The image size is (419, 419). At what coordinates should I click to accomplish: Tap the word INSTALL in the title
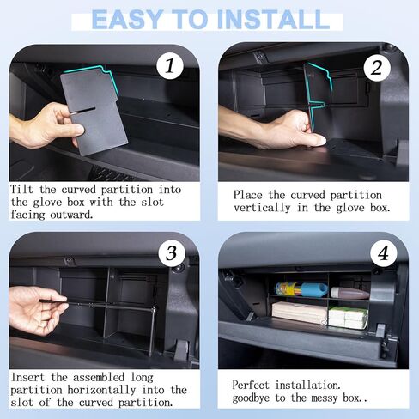274,20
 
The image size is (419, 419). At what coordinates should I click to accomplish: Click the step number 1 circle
170,66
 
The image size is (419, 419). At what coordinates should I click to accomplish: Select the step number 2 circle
377,68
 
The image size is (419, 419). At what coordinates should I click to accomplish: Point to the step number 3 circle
172,253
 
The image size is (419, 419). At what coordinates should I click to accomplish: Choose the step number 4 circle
384,253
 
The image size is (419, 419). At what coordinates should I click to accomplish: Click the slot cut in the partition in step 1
83,111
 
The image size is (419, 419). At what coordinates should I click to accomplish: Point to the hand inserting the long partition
36,311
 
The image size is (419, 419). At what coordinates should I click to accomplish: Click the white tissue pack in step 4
348,318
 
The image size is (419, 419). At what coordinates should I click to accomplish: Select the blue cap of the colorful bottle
313,289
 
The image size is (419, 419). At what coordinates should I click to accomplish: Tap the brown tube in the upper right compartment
349,293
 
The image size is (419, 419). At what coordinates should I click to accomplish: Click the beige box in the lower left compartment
299,313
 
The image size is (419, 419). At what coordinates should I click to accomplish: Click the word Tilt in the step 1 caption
21,190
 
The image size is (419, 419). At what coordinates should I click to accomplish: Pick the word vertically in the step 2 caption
262,208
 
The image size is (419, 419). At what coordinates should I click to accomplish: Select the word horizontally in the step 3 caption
101,390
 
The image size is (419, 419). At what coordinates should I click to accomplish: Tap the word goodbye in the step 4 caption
251,398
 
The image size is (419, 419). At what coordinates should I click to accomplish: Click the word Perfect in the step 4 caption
251,386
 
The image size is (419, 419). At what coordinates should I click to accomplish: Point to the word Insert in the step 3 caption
27,377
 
